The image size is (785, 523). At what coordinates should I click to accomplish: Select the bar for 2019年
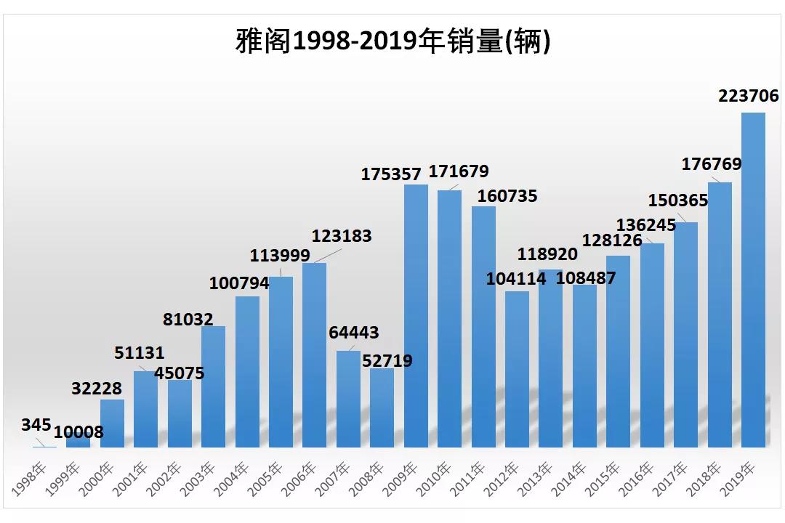click(753, 280)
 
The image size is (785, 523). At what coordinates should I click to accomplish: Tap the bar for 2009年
click(416, 316)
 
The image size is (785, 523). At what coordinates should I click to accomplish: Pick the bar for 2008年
click(382, 408)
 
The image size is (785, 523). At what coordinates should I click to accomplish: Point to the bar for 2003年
click(213, 386)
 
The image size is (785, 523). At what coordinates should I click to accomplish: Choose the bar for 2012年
click(517, 369)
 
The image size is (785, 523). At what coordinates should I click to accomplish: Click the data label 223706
click(748, 96)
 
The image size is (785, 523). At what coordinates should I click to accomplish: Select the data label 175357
click(392, 174)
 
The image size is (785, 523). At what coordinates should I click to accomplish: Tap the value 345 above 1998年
click(36, 425)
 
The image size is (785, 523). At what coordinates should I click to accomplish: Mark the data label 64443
click(354, 333)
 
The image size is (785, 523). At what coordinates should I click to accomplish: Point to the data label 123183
click(342, 236)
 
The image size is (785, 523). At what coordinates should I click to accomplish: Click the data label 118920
click(547, 254)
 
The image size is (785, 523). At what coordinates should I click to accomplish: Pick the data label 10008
click(78, 432)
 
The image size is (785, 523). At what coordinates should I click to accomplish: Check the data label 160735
click(507, 195)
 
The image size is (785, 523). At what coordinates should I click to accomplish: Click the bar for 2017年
click(685, 334)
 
